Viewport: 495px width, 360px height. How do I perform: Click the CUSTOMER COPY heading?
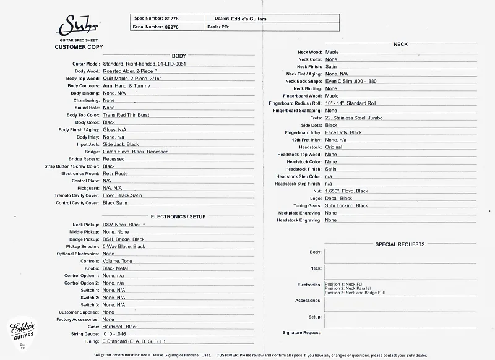pos(79,47)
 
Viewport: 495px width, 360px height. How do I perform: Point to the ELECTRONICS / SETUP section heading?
pos(178,217)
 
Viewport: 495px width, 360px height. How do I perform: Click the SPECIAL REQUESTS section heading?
pos(400,244)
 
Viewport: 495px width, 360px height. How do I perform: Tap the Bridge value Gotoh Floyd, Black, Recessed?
pos(136,152)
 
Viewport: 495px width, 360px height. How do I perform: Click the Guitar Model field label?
pos(86,64)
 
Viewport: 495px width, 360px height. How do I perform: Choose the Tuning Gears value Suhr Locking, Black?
pos(346,205)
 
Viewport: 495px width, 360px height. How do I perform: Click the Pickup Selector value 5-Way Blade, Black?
pos(124,246)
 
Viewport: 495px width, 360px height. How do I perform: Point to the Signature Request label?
pos(302,333)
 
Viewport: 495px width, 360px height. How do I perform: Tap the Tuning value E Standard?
pos(134,341)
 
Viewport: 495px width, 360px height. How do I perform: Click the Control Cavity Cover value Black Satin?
pos(115,203)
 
